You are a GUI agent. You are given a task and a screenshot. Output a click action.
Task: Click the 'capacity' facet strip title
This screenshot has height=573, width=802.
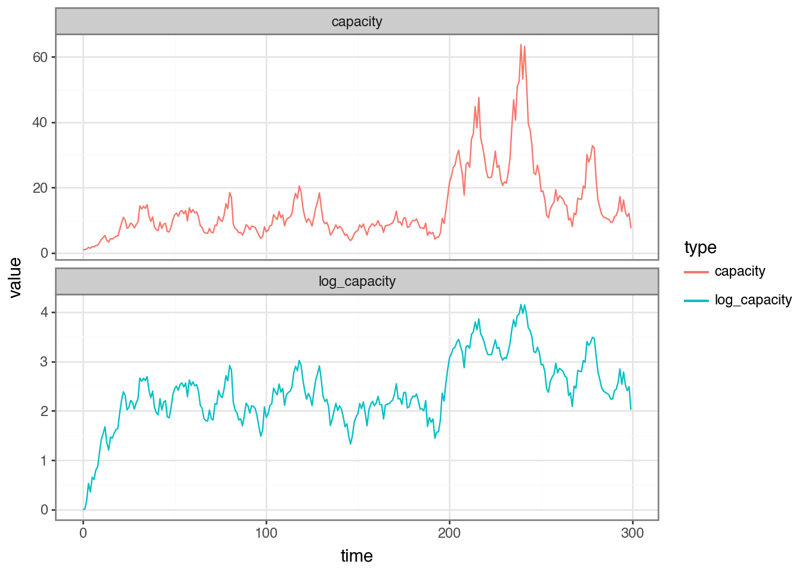click(357, 22)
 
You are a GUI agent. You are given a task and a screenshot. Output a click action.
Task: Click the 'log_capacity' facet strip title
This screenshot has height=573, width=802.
click(357, 282)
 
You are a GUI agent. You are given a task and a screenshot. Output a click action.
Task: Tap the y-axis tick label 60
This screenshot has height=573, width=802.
click(40, 57)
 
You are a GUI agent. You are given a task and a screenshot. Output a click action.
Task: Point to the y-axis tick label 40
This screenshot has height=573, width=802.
click(40, 123)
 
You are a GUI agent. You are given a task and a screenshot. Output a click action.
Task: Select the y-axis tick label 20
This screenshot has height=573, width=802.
click(40, 188)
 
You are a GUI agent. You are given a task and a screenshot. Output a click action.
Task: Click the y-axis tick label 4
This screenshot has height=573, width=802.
click(44, 312)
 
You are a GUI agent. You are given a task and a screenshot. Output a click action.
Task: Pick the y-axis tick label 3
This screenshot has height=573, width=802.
click(44, 362)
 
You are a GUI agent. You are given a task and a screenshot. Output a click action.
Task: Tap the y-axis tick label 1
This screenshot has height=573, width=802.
click(44, 461)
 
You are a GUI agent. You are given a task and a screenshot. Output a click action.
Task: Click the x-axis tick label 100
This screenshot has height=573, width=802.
click(266, 533)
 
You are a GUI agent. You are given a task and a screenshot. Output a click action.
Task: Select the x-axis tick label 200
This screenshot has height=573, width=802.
click(449, 533)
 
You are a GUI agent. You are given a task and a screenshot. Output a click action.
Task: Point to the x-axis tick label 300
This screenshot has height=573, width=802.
click(633, 533)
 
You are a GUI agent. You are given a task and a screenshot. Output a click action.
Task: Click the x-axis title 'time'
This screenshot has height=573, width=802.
click(357, 556)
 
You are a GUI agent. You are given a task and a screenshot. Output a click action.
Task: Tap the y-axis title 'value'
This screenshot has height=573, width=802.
click(15, 278)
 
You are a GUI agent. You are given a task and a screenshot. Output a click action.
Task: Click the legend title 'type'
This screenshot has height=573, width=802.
click(701, 248)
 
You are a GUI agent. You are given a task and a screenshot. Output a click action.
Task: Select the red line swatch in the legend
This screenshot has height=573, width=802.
click(696, 272)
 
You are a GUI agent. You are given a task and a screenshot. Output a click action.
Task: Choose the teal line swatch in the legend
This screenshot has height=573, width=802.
click(696, 301)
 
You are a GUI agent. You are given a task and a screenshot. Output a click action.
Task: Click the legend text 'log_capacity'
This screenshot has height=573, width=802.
click(753, 300)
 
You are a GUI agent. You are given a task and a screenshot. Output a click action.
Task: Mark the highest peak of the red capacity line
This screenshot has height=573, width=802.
click(521, 44)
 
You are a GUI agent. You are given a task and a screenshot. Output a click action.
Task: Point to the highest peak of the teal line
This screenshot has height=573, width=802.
click(521, 305)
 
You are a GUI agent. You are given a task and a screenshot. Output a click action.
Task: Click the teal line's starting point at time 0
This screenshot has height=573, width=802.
click(84, 509)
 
